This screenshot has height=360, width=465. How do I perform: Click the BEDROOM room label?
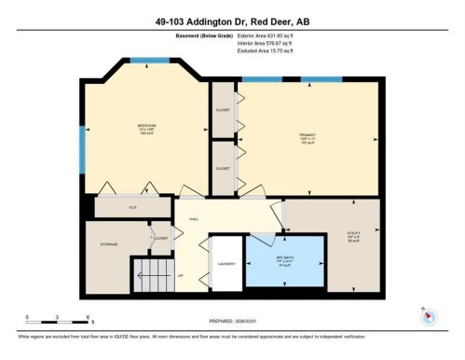[x=145, y=125]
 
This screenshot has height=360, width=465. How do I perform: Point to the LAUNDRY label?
[x=226, y=265]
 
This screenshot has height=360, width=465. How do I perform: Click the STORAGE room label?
[x=108, y=244]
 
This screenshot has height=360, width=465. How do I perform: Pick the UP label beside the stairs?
[x=180, y=276]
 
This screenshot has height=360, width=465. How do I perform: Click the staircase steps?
[x=149, y=276]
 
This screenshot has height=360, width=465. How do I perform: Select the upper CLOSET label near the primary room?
[x=223, y=109]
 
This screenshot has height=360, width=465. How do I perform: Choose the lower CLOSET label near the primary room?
[x=223, y=168]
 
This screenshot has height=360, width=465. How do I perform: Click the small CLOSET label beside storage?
[x=160, y=239]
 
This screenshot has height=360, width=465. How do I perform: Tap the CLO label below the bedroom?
[x=133, y=206]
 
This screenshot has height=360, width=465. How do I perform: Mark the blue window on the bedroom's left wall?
[x=82, y=153]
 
